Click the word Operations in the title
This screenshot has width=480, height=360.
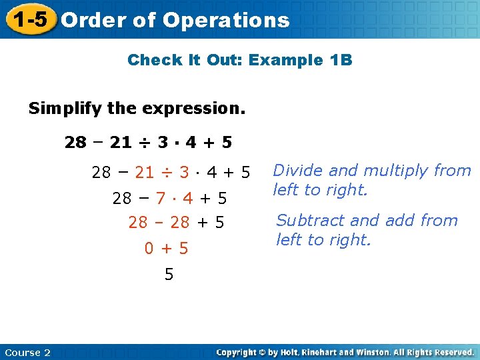(226, 20)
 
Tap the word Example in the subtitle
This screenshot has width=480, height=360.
(287, 60)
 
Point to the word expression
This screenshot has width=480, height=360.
(200, 108)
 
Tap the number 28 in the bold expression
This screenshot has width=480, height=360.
(75, 142)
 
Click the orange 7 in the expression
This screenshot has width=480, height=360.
(160, 199)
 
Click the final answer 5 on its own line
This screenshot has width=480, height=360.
(169, 274)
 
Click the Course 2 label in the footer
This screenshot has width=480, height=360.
(27, 352)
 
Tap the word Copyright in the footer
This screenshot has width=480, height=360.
(237, 352)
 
